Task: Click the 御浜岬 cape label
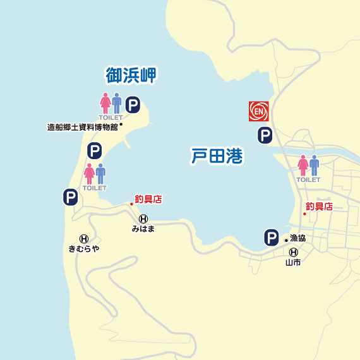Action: click(131, 76)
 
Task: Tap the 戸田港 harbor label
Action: click(217, 156)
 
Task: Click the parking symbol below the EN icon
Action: click(265, 135)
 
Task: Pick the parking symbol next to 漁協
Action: click(271, 238)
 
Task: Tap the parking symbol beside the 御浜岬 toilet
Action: click(133, 105)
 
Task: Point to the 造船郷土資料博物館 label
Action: click(83, 127)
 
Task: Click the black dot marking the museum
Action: click(121, 124)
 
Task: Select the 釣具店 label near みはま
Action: click(148, 200)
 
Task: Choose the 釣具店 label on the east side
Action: click(319, 207)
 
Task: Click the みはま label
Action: click(143, 229)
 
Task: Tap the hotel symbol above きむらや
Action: click(83, 238)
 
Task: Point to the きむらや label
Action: click(84, 248)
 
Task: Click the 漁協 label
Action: click(297, 239)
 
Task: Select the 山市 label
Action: click(293, 262)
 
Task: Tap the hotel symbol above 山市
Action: click(293, 252)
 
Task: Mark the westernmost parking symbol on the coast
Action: click(70, 198)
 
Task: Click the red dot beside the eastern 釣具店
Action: click(304, 213)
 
